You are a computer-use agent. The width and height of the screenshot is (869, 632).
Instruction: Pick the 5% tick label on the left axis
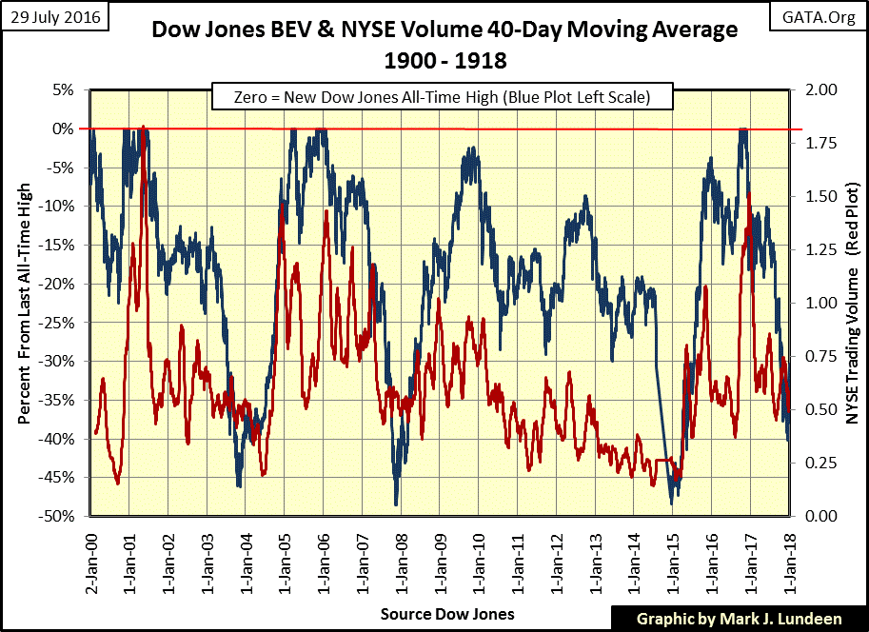62,89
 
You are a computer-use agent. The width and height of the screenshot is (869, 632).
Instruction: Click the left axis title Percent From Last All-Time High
23,303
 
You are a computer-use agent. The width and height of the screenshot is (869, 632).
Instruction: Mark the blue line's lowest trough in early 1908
396,504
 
